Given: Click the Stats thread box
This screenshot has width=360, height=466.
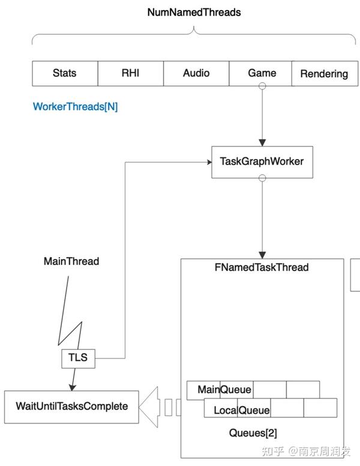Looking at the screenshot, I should coord(64,73).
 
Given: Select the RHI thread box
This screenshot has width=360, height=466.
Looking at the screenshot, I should coord(130,73).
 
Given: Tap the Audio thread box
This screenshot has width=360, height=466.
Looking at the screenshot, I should coord(196,73).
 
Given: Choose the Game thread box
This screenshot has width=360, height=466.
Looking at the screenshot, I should coord(262,73).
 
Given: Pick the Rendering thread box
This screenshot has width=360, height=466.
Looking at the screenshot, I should coord(324,74).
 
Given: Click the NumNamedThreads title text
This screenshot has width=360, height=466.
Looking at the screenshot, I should coord(194,12).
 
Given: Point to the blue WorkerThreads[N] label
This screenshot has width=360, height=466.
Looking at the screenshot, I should coord(75,107).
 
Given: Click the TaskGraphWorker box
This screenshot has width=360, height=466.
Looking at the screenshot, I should coord(262,162).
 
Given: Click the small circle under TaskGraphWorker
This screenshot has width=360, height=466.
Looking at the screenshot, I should coord(262,178).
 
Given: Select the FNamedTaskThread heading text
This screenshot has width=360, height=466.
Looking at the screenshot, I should coord(262,267).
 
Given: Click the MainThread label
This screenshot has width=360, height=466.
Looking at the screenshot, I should coord(71,262).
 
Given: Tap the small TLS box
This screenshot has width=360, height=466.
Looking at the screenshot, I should coord(78,358).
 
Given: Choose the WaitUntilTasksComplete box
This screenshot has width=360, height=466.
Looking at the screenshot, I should coord(71,407).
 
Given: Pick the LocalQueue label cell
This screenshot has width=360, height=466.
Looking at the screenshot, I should coord(237,411).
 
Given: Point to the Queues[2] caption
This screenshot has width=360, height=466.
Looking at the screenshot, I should coord(253,433).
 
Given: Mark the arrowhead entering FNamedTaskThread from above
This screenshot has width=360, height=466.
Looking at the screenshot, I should coord(262,255).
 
